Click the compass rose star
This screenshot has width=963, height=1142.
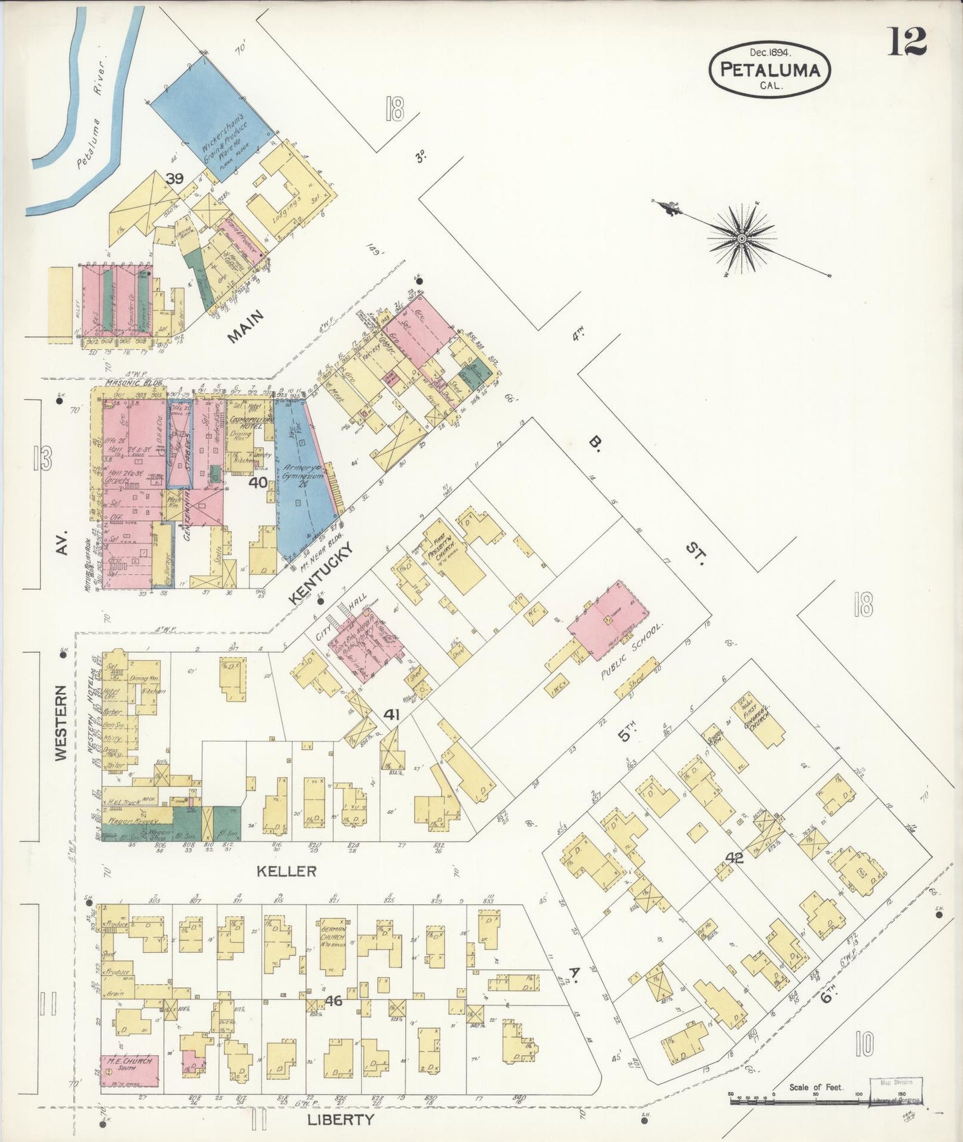pos(741,238)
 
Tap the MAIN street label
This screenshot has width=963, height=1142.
pos(245,326)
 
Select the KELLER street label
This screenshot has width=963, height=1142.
pos(287,871)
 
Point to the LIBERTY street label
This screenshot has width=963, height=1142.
pos(340,1119)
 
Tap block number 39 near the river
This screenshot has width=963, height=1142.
pos(175,179)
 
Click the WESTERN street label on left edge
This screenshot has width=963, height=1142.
pos(61,723)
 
